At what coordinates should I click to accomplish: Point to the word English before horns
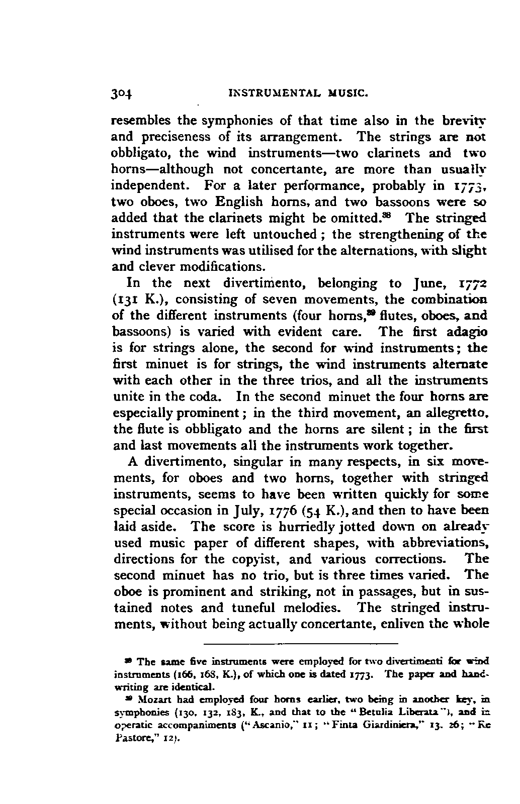click(239, 202)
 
